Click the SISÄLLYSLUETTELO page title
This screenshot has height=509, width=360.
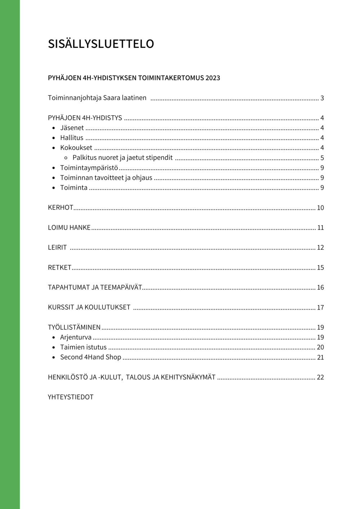[101, 44]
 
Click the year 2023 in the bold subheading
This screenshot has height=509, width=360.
[213, 78]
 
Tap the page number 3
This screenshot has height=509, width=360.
[322, 98]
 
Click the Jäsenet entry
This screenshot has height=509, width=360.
[72, 128]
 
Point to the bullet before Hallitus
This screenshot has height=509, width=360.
[54, 138]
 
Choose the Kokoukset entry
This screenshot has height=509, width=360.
[76, 148]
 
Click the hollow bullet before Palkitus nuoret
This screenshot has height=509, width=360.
[66, 158]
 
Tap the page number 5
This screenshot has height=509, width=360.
[322, 158]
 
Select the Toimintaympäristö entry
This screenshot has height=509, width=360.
[89, 168]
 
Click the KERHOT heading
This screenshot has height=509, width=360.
[60, 208]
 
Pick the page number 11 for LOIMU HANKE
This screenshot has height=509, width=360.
[320, 228]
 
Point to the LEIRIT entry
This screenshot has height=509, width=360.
[57, 248]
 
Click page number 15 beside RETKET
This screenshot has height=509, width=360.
[320, 267]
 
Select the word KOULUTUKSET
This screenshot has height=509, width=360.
[107, 307]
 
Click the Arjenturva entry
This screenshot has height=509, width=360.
[76, 337]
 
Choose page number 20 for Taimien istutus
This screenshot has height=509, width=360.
[320, 347]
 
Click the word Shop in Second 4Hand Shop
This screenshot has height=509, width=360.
[113, 357]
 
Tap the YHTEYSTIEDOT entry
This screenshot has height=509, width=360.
[71, 397]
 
